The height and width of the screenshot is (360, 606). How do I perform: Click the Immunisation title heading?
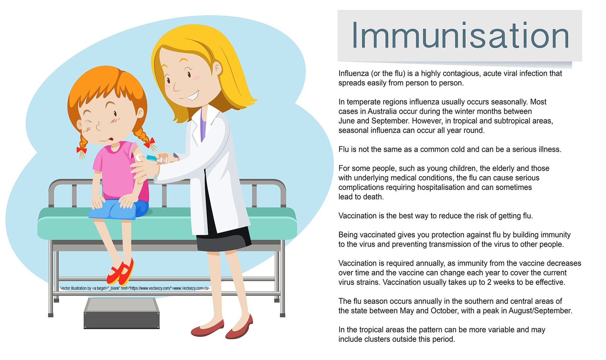pos(460,35)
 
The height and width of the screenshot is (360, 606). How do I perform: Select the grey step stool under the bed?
pos(122,313)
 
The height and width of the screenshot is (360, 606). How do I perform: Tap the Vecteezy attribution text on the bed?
pos(135,288)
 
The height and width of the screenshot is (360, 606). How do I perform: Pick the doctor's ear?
pos(217,69)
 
